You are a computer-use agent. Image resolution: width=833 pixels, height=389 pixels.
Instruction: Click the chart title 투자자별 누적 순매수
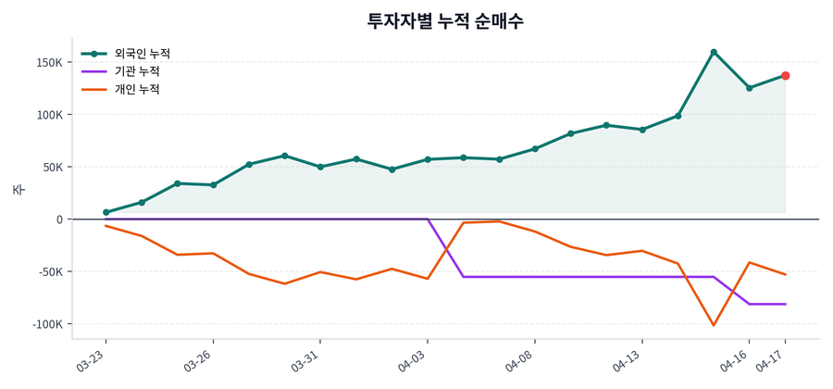[445, 20]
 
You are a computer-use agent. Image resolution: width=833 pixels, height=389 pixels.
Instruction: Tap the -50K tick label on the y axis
[47, 272]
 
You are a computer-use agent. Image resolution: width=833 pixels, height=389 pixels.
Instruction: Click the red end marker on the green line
[785, 76]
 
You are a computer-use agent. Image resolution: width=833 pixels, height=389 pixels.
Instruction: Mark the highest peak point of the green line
[714, 52]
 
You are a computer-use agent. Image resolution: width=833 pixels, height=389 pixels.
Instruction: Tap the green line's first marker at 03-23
[106, 212]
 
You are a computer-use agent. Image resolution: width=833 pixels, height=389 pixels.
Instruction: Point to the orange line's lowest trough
[714, 325]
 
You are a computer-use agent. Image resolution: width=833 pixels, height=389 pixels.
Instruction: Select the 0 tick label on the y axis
[58, 220]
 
